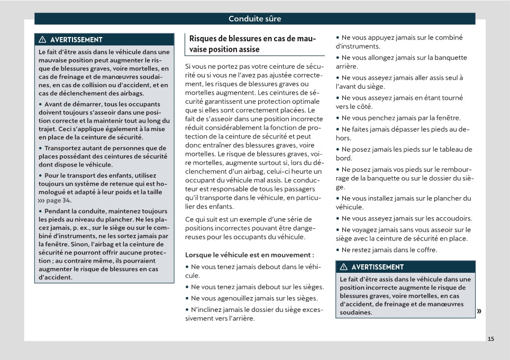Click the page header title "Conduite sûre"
(254, 19)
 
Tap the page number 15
(491, 339)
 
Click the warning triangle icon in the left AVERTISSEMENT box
(43, 40)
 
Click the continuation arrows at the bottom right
(479, 311)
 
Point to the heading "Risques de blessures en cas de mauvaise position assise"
(252, 44)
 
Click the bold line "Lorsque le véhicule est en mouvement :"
(249, 255)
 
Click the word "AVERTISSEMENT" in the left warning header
(76, 40)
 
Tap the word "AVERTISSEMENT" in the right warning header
(377, 267)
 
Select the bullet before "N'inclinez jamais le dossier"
(187, 310)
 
